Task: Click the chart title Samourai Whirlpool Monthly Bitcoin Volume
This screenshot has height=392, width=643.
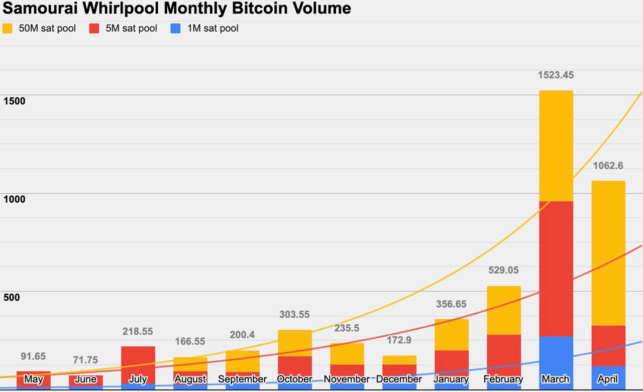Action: [176, 9]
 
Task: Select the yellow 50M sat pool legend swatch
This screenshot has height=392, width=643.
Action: [8, 29]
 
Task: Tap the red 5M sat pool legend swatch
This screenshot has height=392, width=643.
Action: [94, 29]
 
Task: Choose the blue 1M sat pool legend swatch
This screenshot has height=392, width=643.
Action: [175, 29]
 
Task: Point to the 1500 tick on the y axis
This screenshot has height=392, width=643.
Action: [14, 101]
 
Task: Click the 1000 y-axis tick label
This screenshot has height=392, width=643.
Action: [14, 199]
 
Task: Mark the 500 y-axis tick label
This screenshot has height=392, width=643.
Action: [11, 298]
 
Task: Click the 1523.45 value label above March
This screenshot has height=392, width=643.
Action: [556, 75]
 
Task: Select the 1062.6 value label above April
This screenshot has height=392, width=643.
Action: [608, 166]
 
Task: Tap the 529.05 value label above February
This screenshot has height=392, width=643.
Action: [503, 271]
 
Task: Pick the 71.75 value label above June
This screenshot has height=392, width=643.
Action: [85, 360]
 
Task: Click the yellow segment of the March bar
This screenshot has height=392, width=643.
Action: [556, 146]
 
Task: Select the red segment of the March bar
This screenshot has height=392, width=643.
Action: [556, 269]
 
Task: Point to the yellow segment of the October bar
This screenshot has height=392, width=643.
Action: [295, 343]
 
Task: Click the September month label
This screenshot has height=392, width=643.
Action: [242, 379]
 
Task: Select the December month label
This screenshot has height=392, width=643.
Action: [399, 379]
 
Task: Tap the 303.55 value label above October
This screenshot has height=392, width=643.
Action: [294, 315]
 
